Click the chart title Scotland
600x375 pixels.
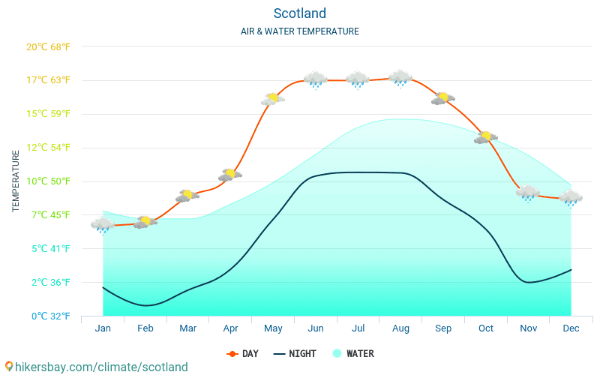[299, 13]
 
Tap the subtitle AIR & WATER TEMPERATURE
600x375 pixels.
[299, 31]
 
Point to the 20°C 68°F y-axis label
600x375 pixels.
[48, 46]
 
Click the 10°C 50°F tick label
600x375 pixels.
[48, 181]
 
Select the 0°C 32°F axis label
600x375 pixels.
[49, 316]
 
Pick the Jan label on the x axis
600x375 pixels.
[103, 328]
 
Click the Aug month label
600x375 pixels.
[400, 328]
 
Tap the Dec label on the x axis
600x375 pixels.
[571, 328]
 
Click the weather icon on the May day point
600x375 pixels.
[273, 99]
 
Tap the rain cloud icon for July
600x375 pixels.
[358, 79]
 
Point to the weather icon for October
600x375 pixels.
[486, 137]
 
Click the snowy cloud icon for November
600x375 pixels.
[528, 193]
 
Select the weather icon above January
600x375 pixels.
[103, 224]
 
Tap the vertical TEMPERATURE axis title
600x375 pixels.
[16, 181]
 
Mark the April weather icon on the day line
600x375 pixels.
[230, 175]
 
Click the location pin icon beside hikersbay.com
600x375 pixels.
[9, 367]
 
